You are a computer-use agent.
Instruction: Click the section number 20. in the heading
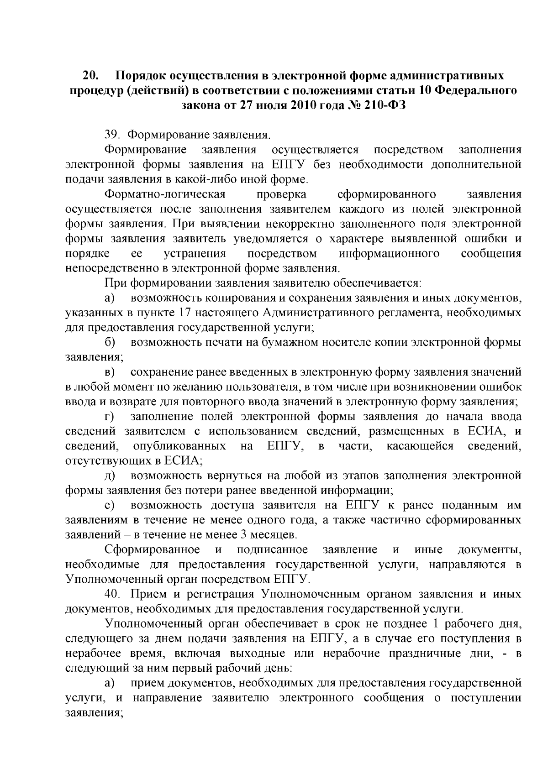91,75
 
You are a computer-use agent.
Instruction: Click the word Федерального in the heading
474,90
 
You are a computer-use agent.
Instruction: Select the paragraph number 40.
112,594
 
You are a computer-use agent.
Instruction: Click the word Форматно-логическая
165,194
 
